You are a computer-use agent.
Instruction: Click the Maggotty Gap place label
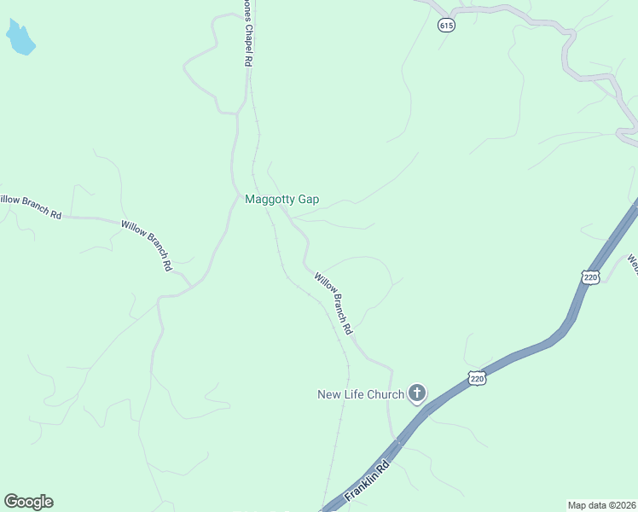(281, 200)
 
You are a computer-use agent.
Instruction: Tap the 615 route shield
(447, 26)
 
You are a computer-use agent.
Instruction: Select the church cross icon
(417, 393)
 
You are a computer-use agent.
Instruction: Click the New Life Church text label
(360, 394)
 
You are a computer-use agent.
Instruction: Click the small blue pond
(20, 38)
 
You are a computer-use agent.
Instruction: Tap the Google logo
(28, 502)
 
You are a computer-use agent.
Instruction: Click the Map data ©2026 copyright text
(601, 505)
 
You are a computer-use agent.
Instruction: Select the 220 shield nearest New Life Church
(477, 378)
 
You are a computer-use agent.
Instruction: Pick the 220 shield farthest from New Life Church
(590, 276)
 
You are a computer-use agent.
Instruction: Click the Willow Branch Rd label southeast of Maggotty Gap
(333, 303)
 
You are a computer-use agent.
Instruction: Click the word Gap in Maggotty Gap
(308, 200)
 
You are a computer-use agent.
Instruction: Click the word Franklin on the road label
(362, 488)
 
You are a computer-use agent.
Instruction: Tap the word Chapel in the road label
(249, 38)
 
